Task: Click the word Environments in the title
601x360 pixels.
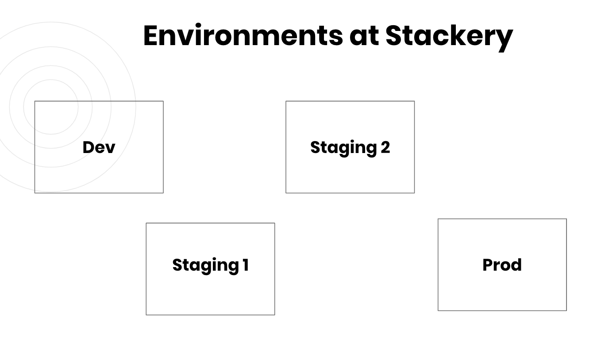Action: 243,35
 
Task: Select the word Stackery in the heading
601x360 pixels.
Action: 449,38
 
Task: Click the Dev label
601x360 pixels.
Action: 99,147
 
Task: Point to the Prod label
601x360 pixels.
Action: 502,265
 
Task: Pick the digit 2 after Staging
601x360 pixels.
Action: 385,147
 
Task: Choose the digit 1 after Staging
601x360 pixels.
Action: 246,265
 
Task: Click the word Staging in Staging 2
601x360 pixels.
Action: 344,148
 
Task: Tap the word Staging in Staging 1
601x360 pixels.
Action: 206,266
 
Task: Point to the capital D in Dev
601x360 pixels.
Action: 89,147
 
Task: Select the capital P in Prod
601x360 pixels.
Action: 488,265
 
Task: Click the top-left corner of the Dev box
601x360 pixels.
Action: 35,101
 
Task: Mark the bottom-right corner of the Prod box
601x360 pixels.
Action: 566,310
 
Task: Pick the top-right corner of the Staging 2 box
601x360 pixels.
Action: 415,101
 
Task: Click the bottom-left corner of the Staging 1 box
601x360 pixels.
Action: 146,315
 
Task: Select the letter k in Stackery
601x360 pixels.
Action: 464,35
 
